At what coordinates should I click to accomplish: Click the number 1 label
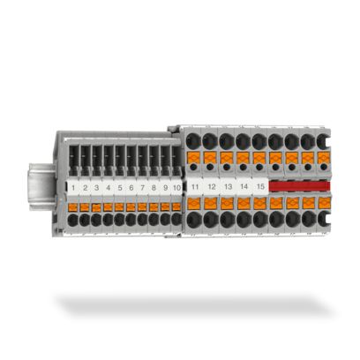click(x=74, y=188)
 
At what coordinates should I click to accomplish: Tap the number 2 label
click(x=86, y=188)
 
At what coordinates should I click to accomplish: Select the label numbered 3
click(x=97, y=188)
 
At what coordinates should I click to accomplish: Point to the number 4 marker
click(x=109, y=188)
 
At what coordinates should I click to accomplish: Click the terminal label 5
click(x=120, y=188)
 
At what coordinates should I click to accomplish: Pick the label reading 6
click(x=131, y=188)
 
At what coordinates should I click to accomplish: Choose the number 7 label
click(x=143, y=188)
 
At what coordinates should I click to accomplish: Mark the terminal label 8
click(x=154, y=188)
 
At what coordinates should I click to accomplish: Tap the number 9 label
click(x=166, y=188)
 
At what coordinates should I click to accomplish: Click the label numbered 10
click(x=177, y=188)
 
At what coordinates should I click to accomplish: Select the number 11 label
click(x=194, y=187)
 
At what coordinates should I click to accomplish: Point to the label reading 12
click(x=211, y=187)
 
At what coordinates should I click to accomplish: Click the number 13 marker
click(x=228, y=187)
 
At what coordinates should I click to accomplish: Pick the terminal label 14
click(x=244, y=187)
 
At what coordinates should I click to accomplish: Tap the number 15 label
click(x=261, y=187)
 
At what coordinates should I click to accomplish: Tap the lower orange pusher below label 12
click(x=211, y=202)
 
